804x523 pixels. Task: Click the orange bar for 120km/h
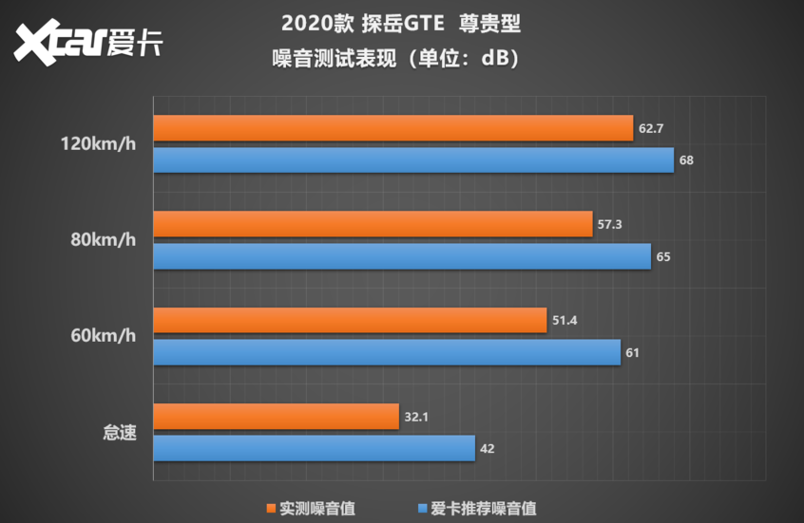point(392,128)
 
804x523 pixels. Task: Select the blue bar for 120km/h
point(413,160)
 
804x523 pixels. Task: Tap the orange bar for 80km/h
point(373,224)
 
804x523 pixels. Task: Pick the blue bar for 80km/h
point(402,256)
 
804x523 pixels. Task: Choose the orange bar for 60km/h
point(350,321)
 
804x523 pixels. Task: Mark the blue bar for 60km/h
point(387,353)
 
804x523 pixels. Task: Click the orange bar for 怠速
point(276,417)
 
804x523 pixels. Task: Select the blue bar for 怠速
point(314,449)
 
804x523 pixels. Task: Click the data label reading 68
point(686,160)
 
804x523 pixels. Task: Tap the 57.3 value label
point(609,224)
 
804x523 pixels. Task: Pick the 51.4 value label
point(565,321)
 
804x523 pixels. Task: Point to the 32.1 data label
point(416,417)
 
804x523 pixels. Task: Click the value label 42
point(488,449)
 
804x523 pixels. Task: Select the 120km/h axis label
point(98,144)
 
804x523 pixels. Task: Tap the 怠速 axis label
point(120,433)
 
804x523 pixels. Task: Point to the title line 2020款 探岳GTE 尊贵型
point(401,23)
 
